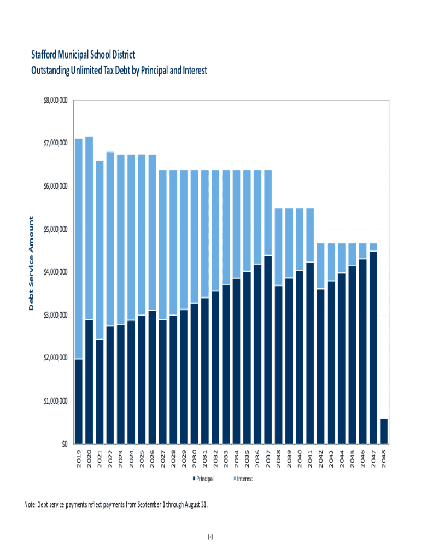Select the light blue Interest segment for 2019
tap(79, 249)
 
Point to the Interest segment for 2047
tap(373, 247)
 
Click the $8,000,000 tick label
tap(55, 101)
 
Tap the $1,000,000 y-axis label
tap(55, 401)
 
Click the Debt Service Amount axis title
tap(31, 264)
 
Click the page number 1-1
tap(210, 538)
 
